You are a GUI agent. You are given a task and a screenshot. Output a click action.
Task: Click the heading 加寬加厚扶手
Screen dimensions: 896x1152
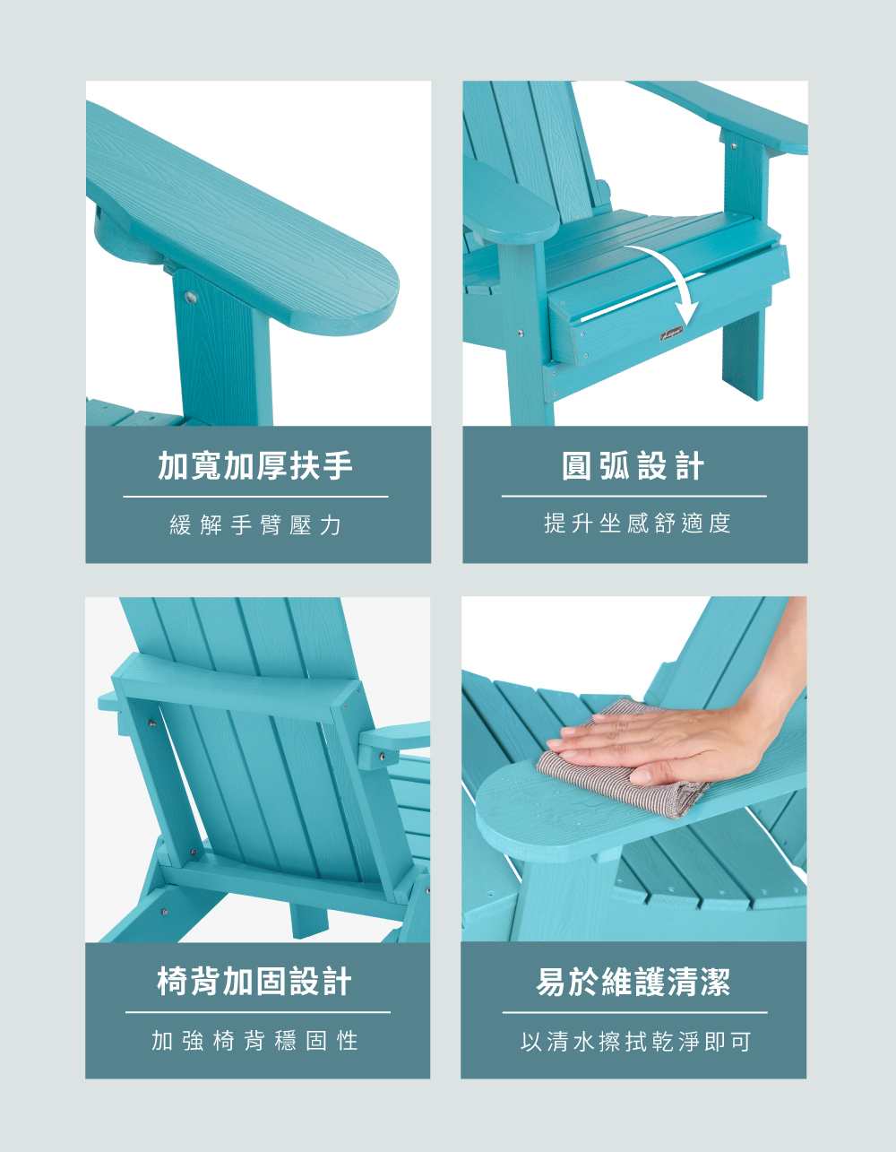tap(255, 466)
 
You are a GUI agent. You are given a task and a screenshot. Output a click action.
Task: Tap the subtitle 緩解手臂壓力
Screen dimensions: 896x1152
tap(255, 524)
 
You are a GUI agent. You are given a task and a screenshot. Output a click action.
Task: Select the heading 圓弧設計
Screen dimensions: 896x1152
tap(633, 466)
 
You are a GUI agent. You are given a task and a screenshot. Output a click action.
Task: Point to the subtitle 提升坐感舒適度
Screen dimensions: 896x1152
tap(637, 524)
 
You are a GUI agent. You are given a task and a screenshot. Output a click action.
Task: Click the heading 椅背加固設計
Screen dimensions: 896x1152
tap(254, 982)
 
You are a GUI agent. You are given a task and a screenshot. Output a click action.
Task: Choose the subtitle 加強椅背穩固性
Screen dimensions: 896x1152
tap(254, 1041)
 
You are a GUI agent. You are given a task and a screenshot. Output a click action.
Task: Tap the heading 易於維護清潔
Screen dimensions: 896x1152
tap(633, 982)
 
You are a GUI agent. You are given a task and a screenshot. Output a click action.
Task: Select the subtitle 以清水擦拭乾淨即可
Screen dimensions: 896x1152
tap(635, 1042)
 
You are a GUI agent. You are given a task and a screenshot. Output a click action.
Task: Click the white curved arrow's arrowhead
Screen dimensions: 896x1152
tap(688, 315)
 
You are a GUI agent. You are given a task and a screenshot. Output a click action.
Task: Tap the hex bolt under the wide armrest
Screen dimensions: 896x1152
tap(191, 297)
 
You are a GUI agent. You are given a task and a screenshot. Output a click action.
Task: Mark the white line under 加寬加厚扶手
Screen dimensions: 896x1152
tap(256, 497)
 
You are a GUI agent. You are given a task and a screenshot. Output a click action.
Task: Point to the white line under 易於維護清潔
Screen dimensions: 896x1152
tap(634, 1012)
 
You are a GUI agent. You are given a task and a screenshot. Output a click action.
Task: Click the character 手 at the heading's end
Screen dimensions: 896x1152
tap(338, 466)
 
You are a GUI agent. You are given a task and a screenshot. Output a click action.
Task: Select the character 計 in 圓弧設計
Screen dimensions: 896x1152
tap(690, 466)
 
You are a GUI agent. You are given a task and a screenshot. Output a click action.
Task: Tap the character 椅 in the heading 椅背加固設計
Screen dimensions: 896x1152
tap(172, 982)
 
